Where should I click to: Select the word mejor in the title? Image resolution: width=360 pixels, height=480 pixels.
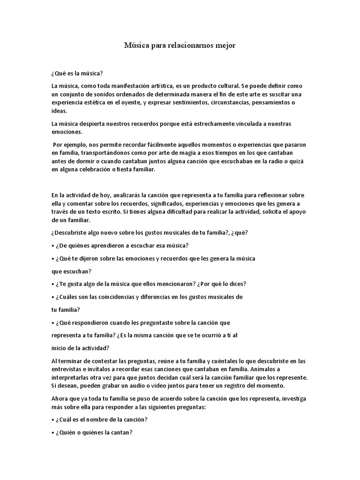pyautogui.click(x=225, y=45)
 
